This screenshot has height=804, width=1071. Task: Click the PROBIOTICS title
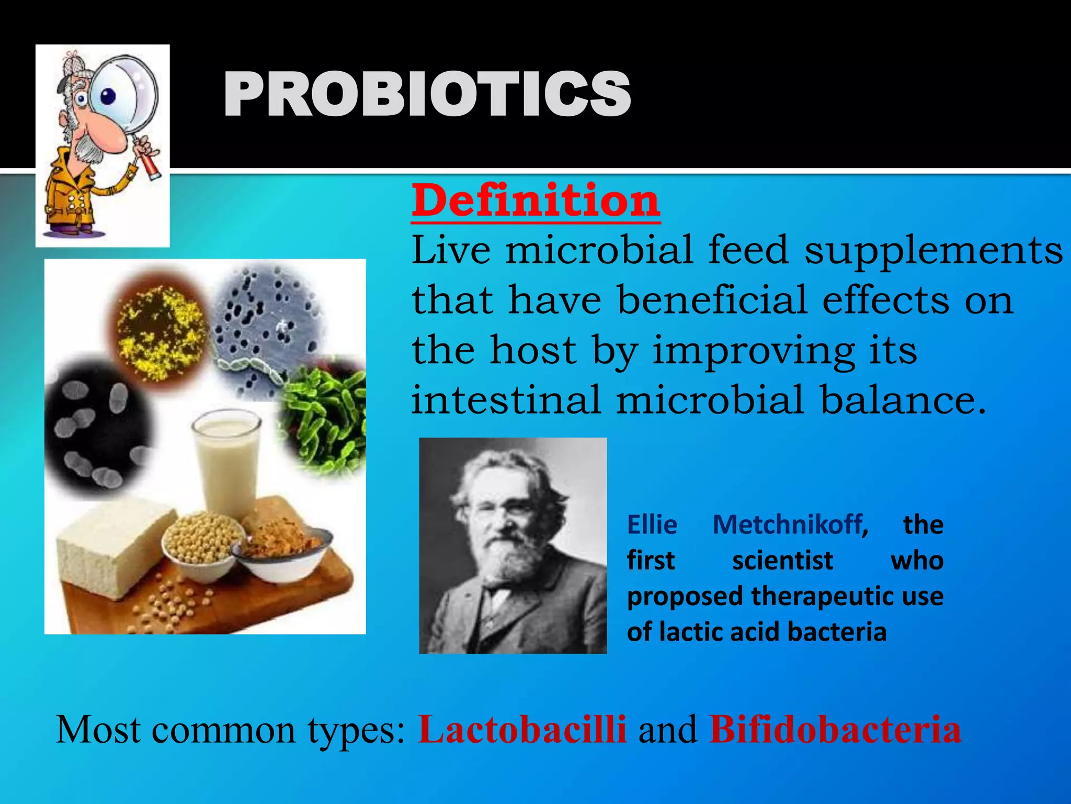point(427,95)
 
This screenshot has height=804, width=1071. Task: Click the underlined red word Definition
point(535,202)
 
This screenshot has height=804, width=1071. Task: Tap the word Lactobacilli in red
point(522,729)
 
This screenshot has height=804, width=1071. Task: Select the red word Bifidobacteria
point(835,729)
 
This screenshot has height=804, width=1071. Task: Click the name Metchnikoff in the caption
point(788,524)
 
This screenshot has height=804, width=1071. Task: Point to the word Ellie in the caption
point(652,524)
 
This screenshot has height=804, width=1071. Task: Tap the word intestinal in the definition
point(505,400)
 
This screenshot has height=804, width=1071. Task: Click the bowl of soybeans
point(201,544)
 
